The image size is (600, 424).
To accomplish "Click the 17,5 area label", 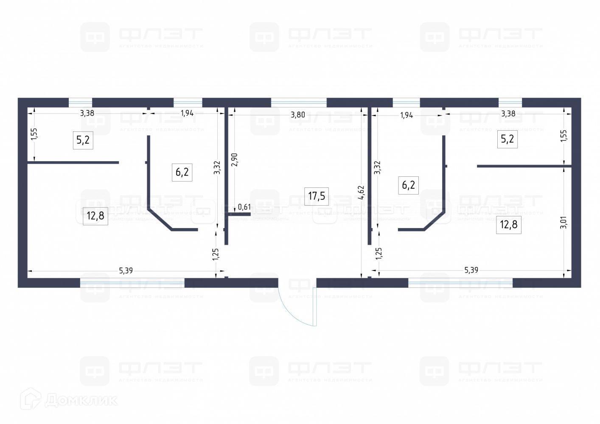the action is pos(317,195).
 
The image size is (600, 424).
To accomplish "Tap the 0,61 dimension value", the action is pos(244,207).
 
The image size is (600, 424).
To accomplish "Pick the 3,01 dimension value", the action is pos(563,222).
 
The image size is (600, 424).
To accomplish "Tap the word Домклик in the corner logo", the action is pos(81,400).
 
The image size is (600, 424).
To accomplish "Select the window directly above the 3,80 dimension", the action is pos(299,103).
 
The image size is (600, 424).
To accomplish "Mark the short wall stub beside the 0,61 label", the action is pos(239,214).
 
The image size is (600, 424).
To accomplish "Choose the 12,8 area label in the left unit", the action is pos(95,216).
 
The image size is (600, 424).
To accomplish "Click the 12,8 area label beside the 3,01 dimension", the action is pos(508,224).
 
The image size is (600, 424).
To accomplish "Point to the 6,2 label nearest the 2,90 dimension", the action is pos(182,172).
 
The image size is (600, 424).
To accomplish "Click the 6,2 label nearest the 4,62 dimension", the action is pos(408,185).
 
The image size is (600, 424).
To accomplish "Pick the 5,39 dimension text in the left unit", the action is pos(126,271).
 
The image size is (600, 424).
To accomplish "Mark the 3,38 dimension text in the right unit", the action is pos(508,114).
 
